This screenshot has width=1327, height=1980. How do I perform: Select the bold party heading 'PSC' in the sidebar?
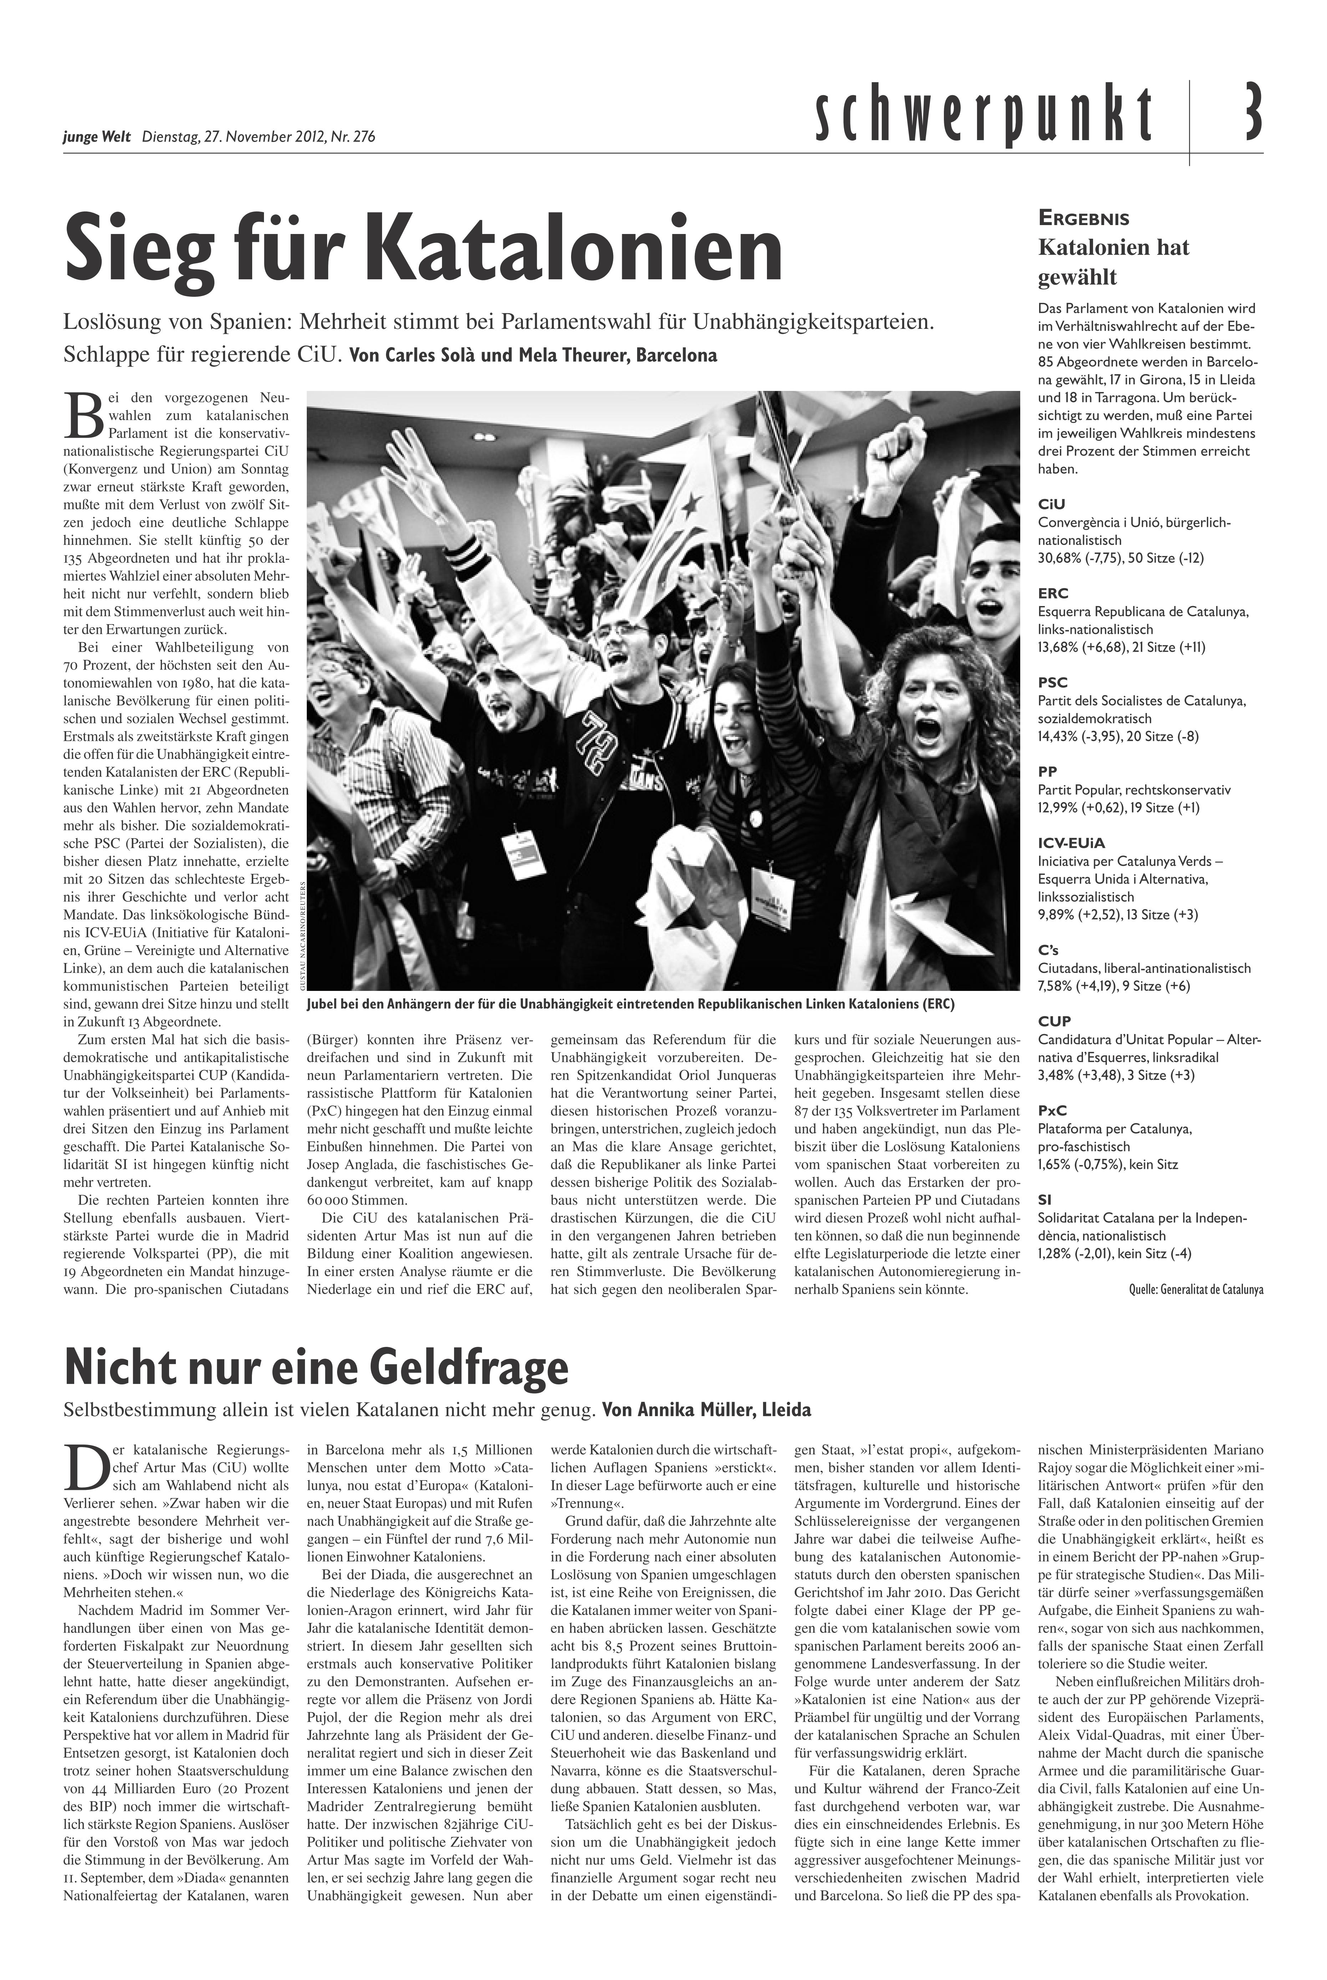point(1054,682)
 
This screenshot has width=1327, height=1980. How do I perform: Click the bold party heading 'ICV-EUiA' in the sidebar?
point(1072,843)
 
